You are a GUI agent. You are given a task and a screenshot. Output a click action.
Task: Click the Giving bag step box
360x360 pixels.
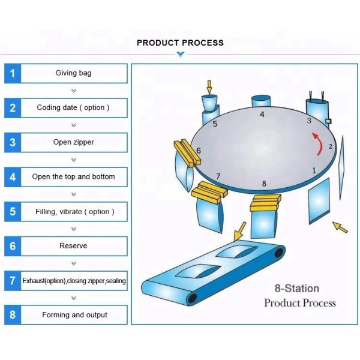pyautogui.click(x=74, y=73)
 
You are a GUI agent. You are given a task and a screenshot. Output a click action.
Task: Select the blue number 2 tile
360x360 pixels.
pyautogui.click(x=13, y=108)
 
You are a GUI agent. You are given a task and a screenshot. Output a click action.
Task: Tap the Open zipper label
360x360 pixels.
pyautogui.click(x=74, y=143)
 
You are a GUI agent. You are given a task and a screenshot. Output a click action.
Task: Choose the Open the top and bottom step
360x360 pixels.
pyautogui.click(x=74, y=177)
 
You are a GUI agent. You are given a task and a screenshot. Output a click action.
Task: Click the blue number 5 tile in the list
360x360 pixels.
pyautogui.click(x=13, y=212)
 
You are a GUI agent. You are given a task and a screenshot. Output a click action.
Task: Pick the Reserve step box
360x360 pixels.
pyautogui.click(x=74, y=246)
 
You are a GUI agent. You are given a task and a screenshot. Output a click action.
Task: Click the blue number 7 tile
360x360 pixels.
pyautogui.click(x=13, y=281)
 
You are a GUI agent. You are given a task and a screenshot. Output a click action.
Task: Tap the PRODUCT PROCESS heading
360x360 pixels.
pyautogui.click(x=180, y=43)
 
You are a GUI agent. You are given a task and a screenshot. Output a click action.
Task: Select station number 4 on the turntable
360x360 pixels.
pyautogui.click(x=262, y=114)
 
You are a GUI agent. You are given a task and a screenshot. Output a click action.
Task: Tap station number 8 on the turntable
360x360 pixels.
pyautogui.click(x=264, y=183)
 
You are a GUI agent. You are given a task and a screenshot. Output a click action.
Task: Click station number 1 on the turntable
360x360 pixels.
pyautogui.click(x=314, y=170)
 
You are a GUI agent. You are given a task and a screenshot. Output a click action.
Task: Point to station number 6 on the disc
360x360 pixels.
pyautogui.click(x=199, y=151)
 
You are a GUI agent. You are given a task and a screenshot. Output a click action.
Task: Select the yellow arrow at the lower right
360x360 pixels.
pyautogui.click(x=340, y=227)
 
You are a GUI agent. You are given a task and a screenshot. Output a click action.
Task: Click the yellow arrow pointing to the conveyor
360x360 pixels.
pyautogui.click(x=240, y=229)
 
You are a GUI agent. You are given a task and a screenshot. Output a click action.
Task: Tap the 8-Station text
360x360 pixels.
pyautogui.click(x=296, y=289)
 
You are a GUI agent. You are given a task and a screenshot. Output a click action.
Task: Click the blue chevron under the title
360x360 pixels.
pyautogui.click(x=180, y=55)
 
